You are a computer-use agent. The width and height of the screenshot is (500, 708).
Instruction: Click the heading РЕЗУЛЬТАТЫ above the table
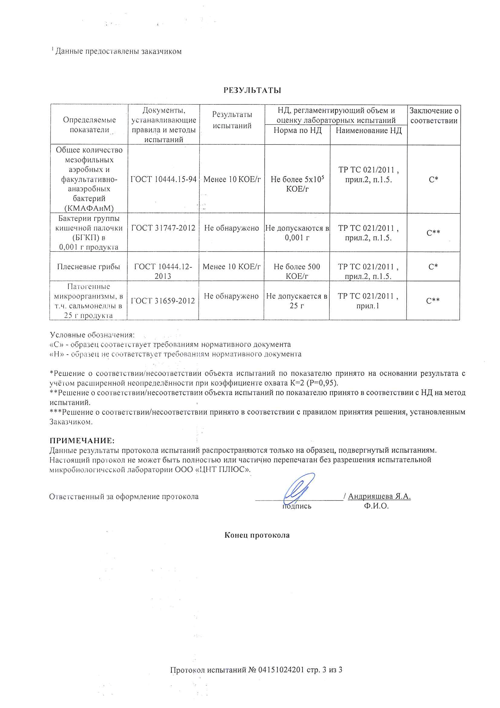[252, 90]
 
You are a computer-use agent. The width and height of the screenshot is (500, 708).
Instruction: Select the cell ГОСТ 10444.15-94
[163, 179]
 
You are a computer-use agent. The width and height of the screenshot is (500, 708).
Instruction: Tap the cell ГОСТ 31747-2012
[163, 228]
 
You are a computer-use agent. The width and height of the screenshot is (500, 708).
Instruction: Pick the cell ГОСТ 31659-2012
[163, 301]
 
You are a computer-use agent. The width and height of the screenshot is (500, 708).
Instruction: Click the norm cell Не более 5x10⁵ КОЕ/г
[297, 184]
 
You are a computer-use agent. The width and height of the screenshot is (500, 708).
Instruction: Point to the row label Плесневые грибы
[88, 267]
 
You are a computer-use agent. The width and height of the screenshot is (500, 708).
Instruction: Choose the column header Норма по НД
[298, 131]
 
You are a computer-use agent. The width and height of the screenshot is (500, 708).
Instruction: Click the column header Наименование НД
[368, 131]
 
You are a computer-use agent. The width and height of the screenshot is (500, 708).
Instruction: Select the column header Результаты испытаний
[232, 120]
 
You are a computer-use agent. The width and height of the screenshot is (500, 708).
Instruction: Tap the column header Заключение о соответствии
[434, 116]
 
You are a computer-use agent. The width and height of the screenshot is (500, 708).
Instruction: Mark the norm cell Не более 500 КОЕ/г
[297, 271]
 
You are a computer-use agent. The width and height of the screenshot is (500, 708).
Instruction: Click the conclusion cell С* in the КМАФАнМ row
[433, 180]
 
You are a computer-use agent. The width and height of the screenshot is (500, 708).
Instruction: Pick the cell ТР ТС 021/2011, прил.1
[368, 301]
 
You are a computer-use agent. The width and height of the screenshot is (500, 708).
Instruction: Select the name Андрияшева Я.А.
[379, 496]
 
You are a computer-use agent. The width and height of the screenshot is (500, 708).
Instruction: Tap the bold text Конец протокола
[257, 535]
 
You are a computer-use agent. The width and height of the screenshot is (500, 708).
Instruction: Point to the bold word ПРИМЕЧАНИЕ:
[82, 441]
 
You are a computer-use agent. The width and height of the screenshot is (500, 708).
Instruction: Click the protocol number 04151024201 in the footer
[281, 670]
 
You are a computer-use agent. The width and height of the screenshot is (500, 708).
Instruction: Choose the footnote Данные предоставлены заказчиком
[118, 51]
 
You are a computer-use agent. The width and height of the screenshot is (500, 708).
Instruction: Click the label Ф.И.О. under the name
[376, 506]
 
